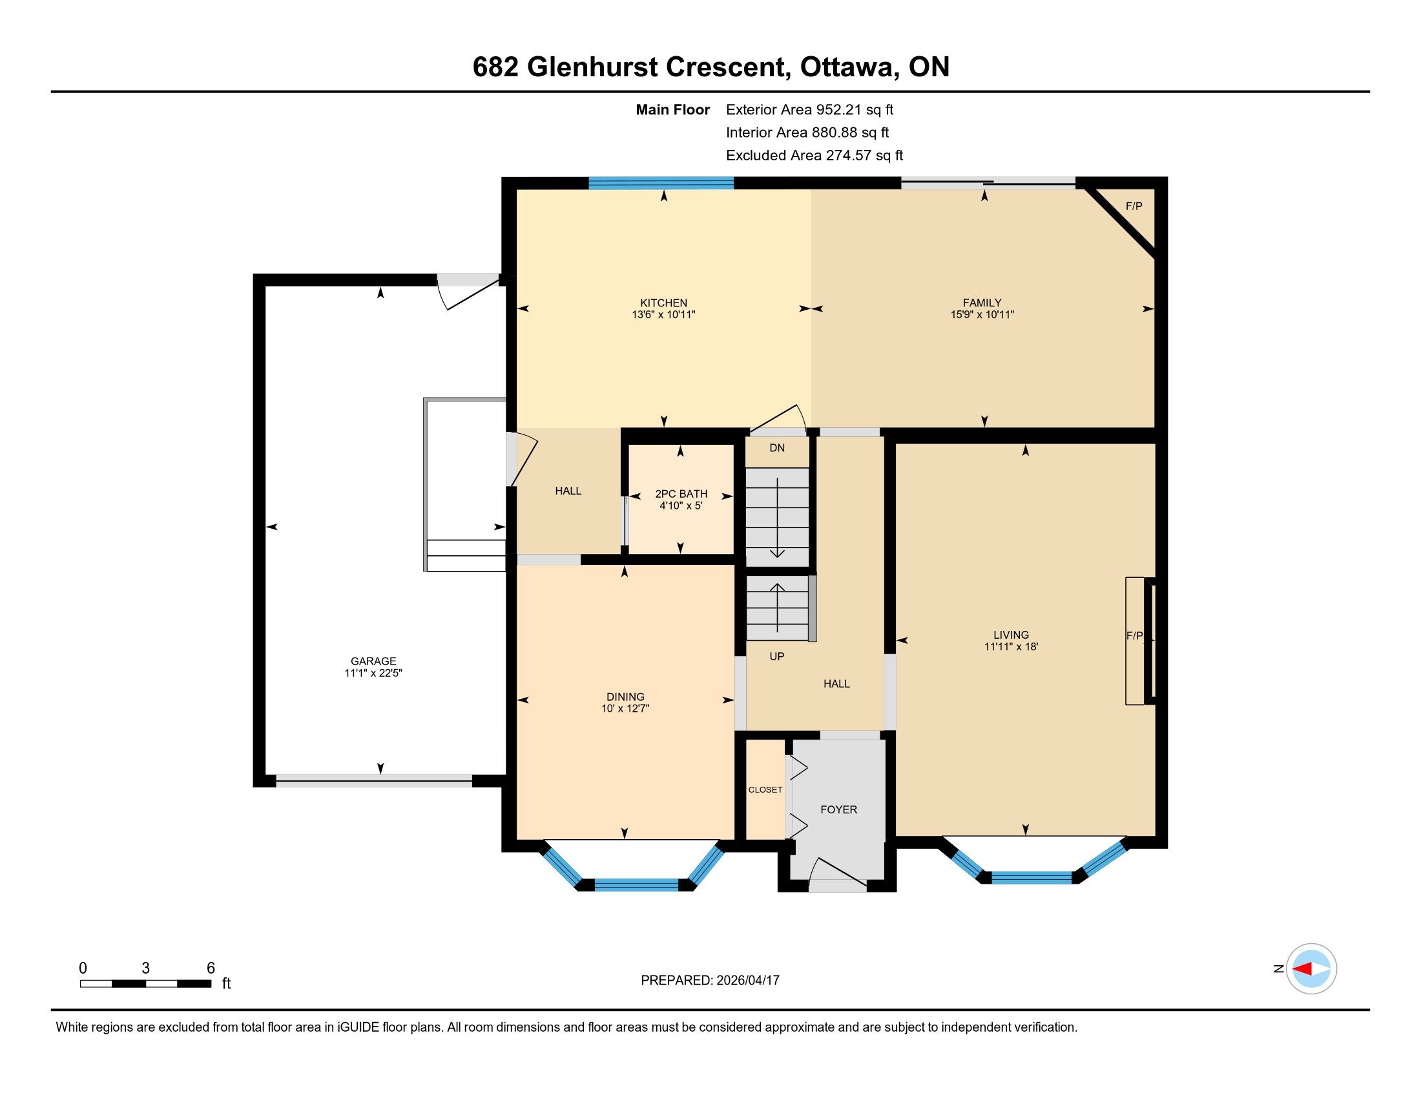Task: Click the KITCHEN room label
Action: (x=663, y=303)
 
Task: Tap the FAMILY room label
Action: (x=982, y=303)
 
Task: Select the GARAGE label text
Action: (x=373, y=661)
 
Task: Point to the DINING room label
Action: (x=625, y=697)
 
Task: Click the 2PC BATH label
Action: (x=681, y=493)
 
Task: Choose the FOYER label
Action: (x=838, y=809)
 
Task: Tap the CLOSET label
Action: (x=765, y=790)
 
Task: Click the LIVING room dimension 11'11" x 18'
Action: (x=1011, y=646)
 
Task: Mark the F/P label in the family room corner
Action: (x=1134, y=206)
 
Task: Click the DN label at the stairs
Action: (x=777, y=448)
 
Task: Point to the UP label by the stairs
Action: (x=777, y=656)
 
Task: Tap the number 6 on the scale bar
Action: (x=211, y=968)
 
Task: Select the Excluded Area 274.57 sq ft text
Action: (x=814, y=155)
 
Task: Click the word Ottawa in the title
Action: (x=847, y=67)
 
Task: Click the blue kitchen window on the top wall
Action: (x=661, y=183)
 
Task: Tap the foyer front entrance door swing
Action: (x=838, y=874)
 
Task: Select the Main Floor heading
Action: (x=673, y=109)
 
